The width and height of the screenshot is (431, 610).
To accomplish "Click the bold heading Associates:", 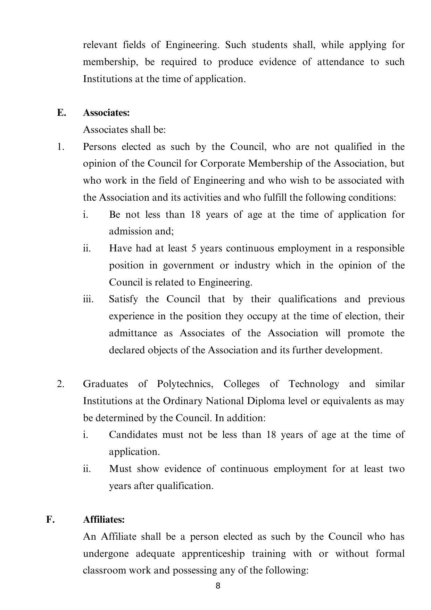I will (x=106, y=113).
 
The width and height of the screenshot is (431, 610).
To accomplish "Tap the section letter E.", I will (x=61, y=113).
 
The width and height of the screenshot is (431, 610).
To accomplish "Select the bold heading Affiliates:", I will (x=104, y=520).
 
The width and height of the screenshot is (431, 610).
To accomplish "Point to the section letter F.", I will (x=50, y=520).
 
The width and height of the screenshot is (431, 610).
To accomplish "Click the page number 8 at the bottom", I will (x=218, y=586).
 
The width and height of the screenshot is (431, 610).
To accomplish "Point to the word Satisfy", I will (x=123, y=299).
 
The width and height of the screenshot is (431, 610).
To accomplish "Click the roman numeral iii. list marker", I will (x=88, y=299).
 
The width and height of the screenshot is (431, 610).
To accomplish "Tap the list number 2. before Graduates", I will (x=61, y=384).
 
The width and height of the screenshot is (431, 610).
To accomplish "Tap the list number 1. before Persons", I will (x=61, y=147).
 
